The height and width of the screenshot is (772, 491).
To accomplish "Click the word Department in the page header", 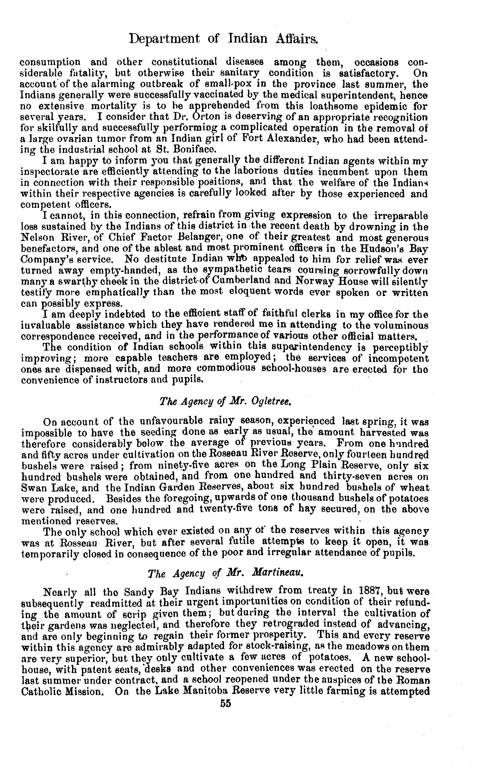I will click(164, 39).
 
